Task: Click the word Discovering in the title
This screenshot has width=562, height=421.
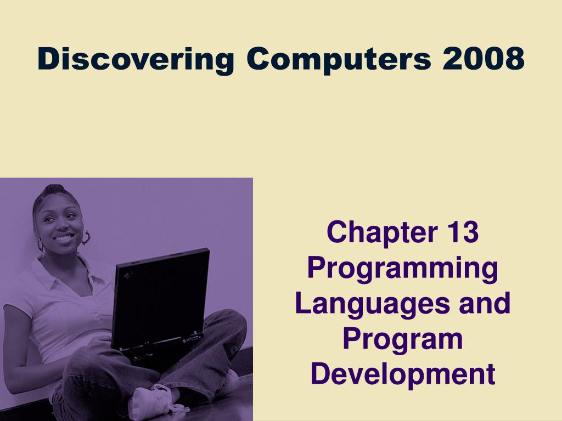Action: click(x=136, y=59)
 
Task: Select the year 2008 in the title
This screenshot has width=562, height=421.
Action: click(x=484, y=58)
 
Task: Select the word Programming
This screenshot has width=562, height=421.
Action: click(x=403, y=269)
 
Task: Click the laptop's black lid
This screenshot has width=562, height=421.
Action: click(x=161, y=298)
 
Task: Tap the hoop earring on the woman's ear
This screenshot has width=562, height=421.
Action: click(x=86, y=238)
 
